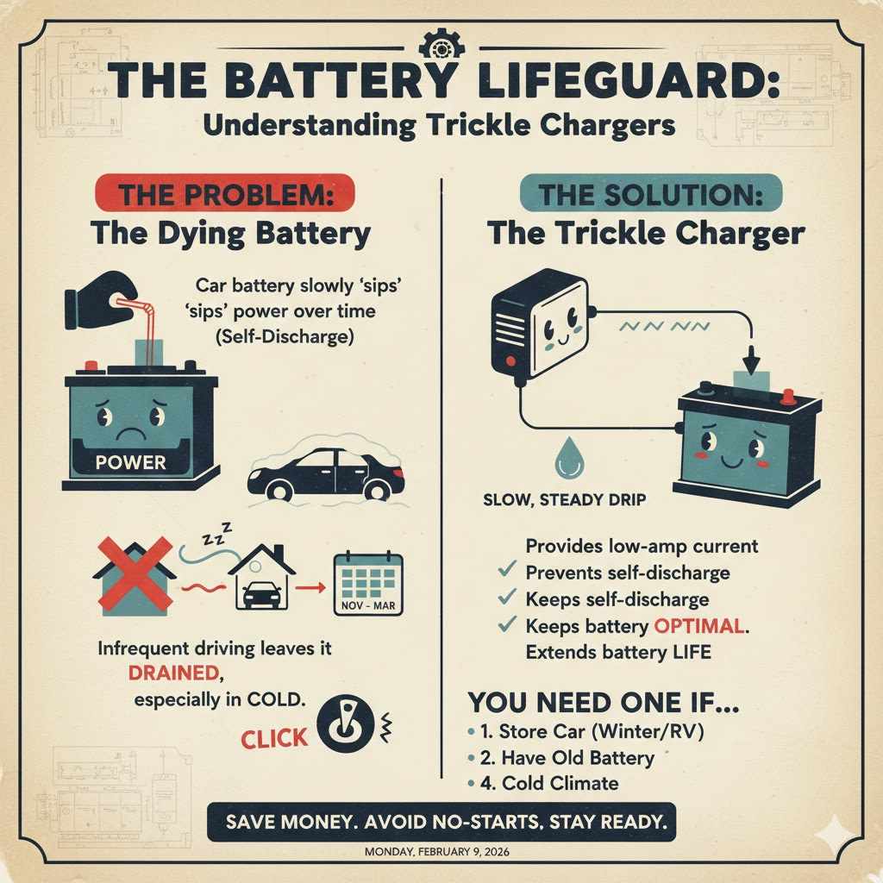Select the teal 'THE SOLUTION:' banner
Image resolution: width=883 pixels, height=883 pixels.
[x=652, y=194]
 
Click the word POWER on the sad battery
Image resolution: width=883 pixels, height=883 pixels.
[x=130, y=462]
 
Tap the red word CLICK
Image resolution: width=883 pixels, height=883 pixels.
[x=274, y=738]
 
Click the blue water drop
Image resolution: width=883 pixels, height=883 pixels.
[x=568, y=457]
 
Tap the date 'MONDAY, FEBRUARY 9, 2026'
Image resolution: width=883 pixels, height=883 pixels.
[x=441, y=852]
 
